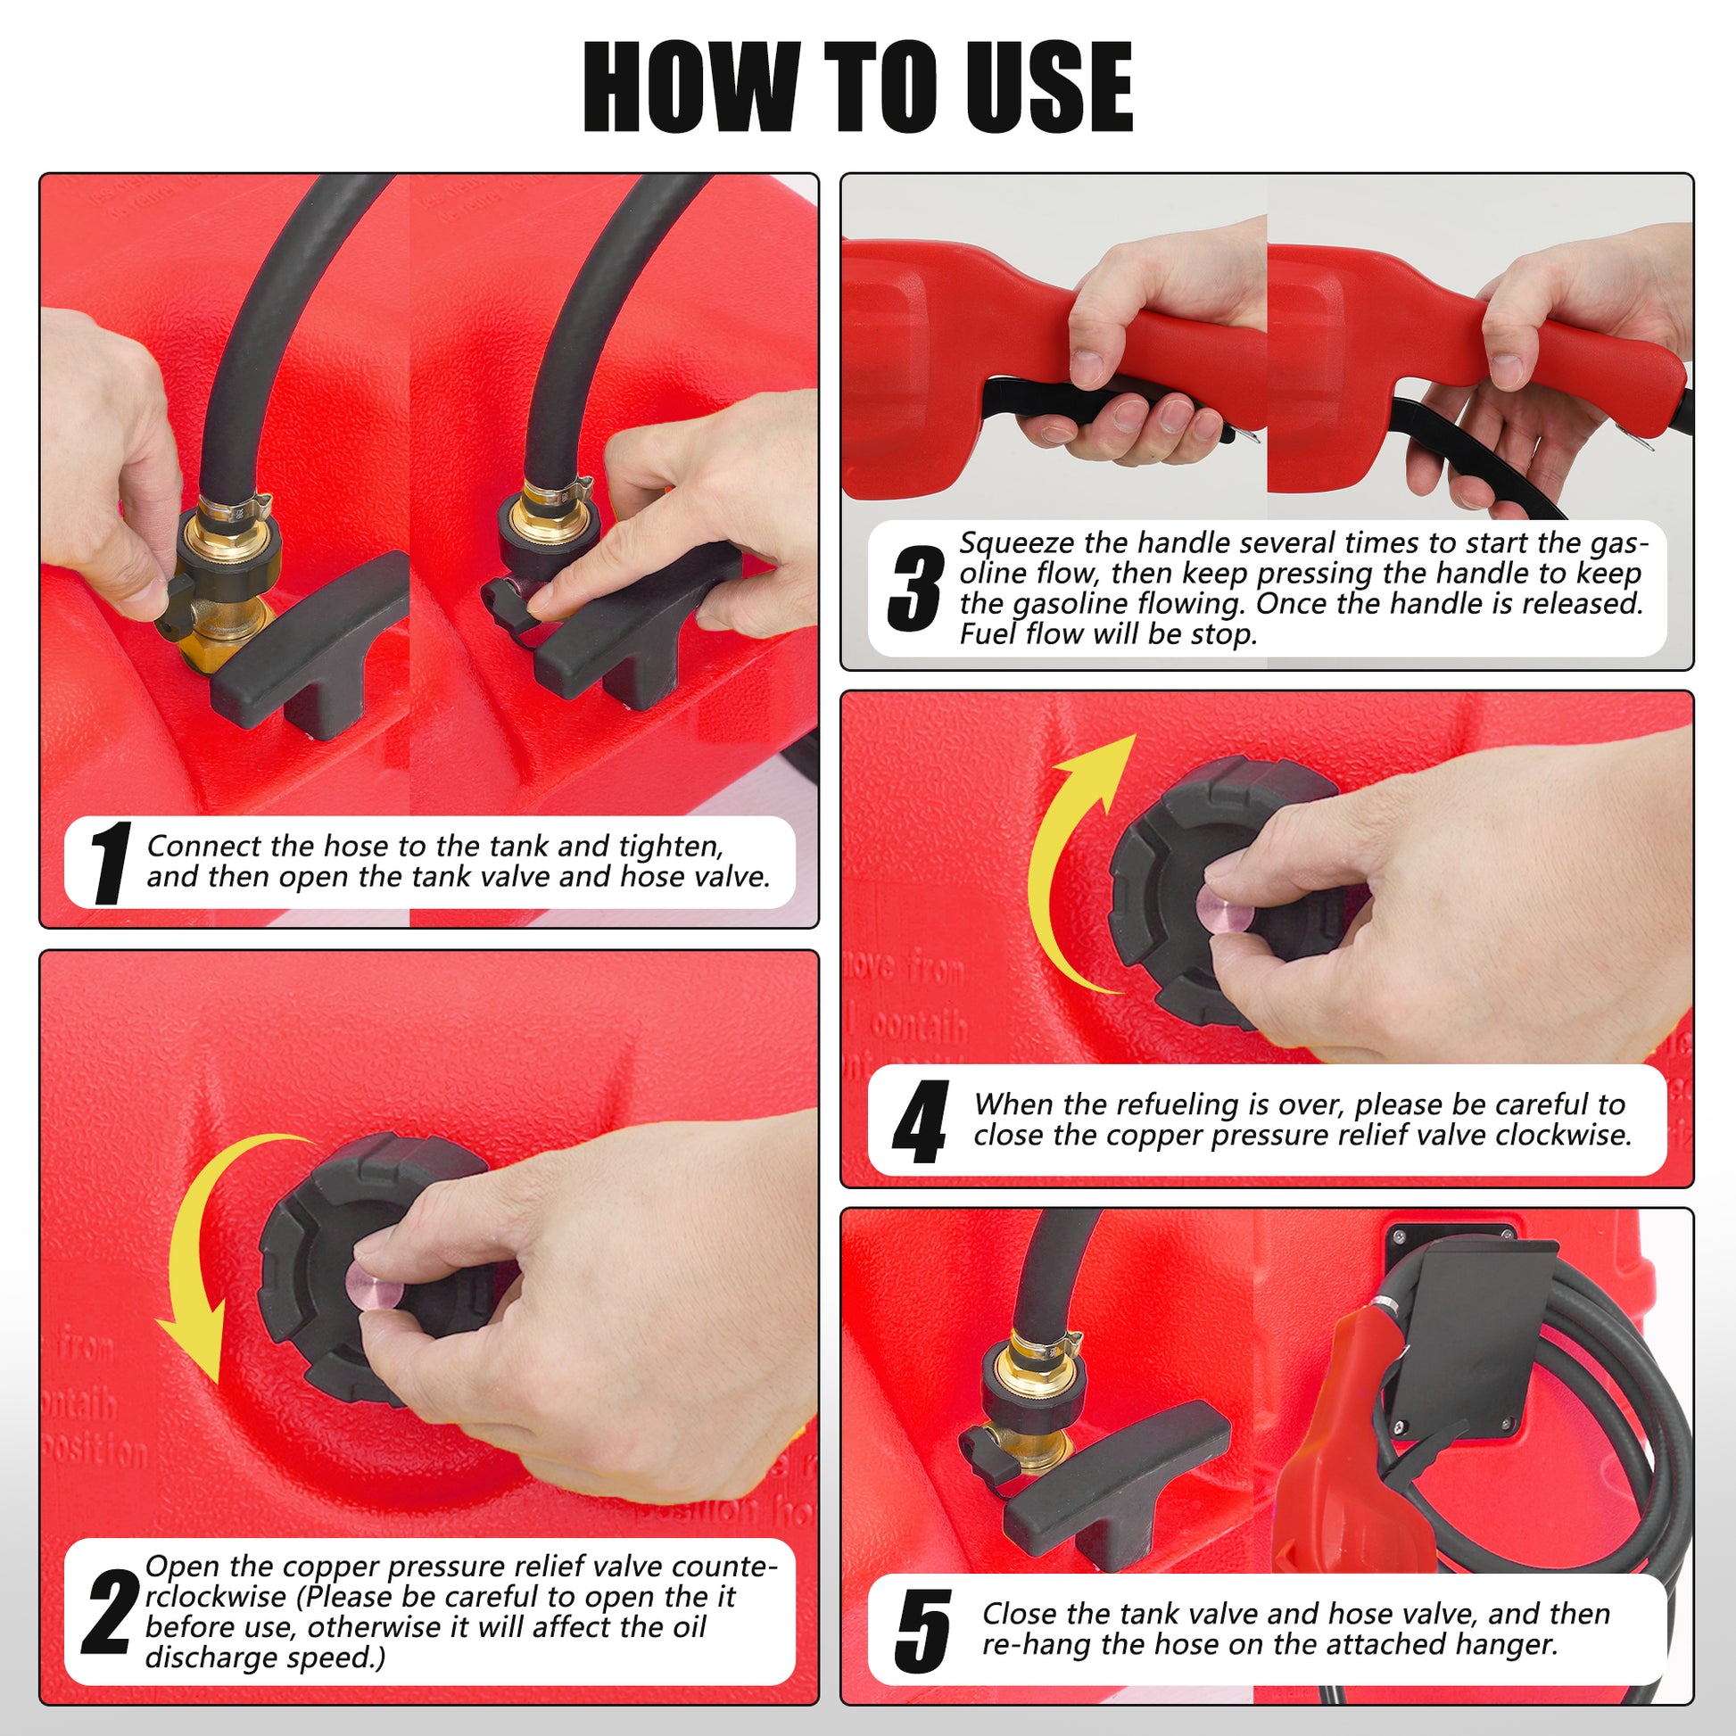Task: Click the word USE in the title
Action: (1048, 87)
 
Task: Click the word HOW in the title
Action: (690, 87)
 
